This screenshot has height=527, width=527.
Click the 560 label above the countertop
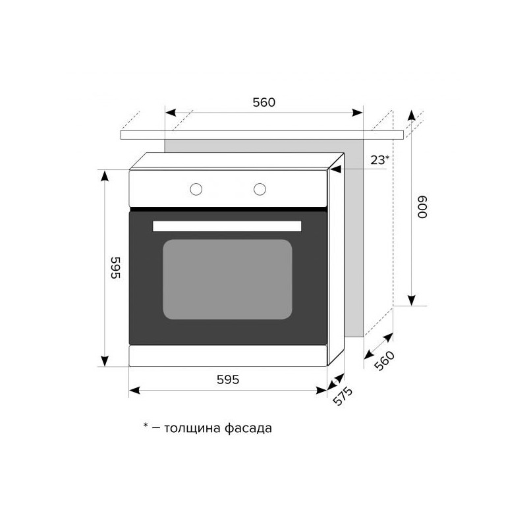pos(263,102)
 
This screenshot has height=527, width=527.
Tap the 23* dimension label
pos(379,159)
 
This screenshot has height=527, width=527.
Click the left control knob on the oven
pos(196,189)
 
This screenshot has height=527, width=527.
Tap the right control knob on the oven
pos(260,189)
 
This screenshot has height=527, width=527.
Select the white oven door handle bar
pos(227,226)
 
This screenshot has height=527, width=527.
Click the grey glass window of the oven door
pos(227,279)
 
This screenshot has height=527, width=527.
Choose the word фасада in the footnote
pos(250,428)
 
